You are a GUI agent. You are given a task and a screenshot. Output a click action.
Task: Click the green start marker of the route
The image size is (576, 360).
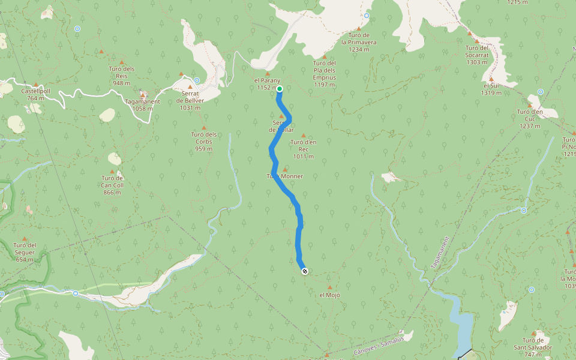click(x=280, y=89)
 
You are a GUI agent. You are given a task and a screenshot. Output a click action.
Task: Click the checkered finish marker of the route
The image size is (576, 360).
click(x=305, y=271)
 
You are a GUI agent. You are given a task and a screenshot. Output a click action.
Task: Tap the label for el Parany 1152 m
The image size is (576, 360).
click(x=268, y=85)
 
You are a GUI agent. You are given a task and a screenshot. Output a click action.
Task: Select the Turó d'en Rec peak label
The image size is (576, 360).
click(x=303, y=146)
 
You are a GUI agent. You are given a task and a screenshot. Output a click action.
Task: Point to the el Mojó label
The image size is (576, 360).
click(x=329, y=295)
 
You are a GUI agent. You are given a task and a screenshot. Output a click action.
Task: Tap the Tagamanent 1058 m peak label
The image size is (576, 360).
click(x=142, y=105)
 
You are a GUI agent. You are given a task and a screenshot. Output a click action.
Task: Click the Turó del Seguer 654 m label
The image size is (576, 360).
click(x=25, y=252)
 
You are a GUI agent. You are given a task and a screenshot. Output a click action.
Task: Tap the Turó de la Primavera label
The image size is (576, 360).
click(x=359, y=43)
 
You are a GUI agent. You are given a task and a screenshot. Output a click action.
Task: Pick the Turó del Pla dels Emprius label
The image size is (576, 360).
click(x=325, y=73)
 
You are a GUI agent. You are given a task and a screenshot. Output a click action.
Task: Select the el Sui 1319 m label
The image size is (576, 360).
click(x=491, y=89)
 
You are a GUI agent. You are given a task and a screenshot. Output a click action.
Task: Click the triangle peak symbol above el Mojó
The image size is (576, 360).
click(x=329, y=287)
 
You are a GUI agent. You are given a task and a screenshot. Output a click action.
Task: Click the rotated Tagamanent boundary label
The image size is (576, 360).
click(x=440, y=253)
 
